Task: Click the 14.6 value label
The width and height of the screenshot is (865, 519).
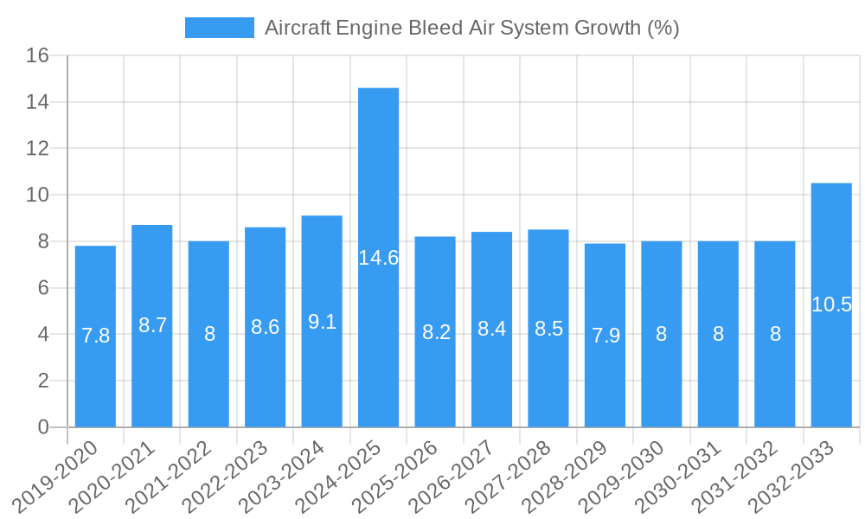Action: [378, 258]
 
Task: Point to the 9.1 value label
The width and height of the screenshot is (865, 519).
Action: [322, 322]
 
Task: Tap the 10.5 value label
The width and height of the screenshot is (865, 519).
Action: [831, 304]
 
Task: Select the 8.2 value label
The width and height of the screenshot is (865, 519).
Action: [435, 332]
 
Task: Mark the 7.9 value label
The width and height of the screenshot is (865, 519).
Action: [605, 336]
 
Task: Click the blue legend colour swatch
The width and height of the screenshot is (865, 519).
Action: [219, 28]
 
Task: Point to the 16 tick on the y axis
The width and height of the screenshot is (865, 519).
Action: [37, 56]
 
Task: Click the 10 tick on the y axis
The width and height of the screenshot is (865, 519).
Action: [37, 195]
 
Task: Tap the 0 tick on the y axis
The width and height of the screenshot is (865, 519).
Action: [43, 427]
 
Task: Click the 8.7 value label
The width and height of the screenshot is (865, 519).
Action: [152, 325]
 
